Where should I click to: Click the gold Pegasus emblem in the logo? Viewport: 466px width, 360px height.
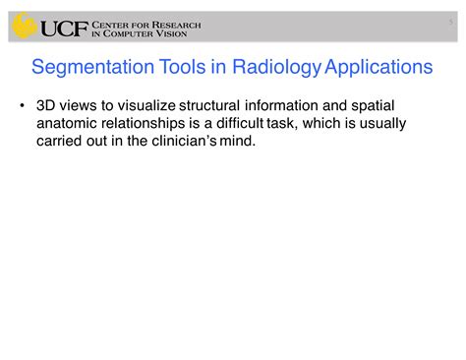(24, 26)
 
